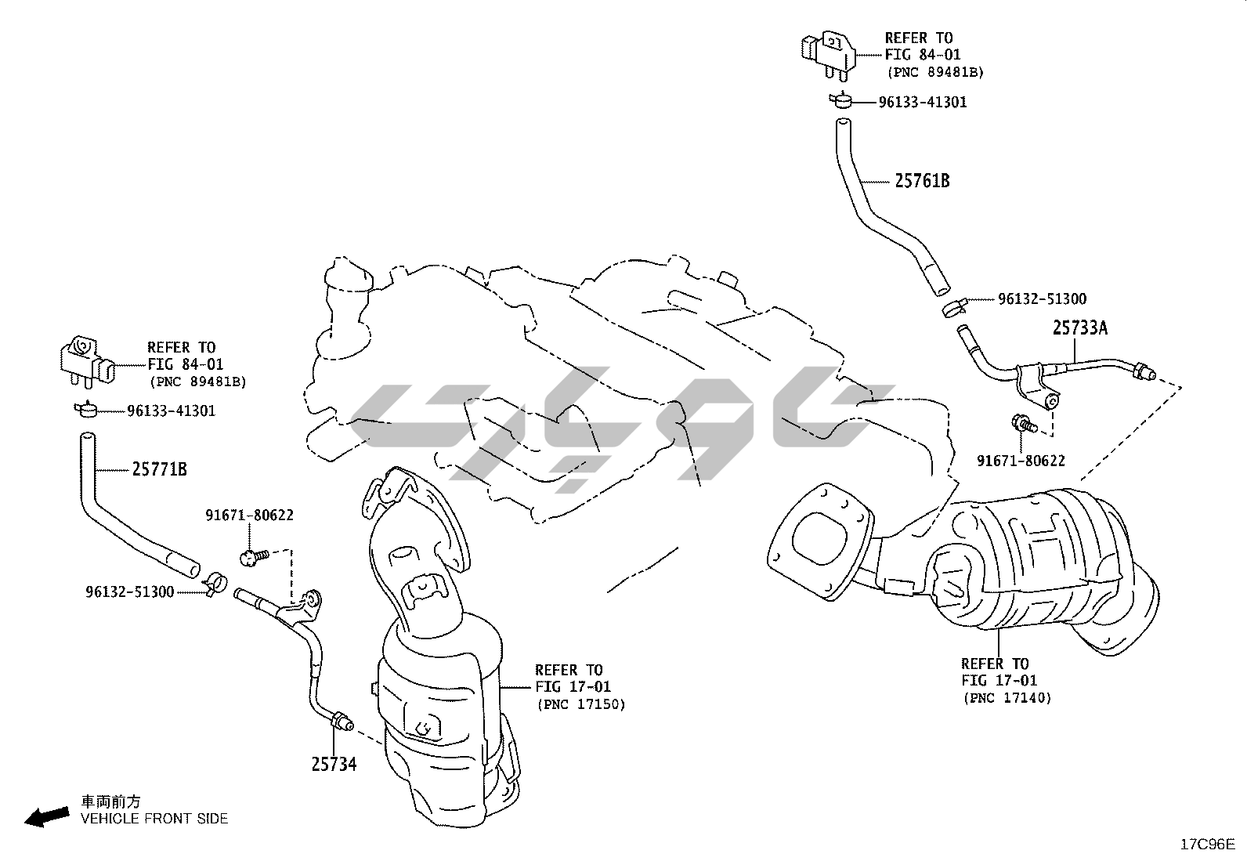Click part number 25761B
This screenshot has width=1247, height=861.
tap(922, 181)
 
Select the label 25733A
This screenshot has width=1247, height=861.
tap(1079, 328)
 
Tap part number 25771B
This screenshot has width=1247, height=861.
tap(159, 469)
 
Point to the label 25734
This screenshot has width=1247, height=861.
tap(334, 763)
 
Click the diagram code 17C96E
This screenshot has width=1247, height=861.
tap(1207, 844)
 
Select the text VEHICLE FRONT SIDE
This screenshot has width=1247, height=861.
tap(154, 819)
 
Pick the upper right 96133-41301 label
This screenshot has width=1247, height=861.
tap(922, 102)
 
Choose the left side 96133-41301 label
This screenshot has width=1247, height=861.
tap(171, 411)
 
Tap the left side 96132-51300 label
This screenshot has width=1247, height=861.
tap(129, 591)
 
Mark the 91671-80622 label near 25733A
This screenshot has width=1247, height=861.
tap(1020, 461)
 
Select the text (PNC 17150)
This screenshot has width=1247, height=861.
tap(581, 704)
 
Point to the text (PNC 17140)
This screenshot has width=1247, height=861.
tap(1007, 697)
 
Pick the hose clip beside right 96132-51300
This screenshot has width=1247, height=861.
tap(955, 305)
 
